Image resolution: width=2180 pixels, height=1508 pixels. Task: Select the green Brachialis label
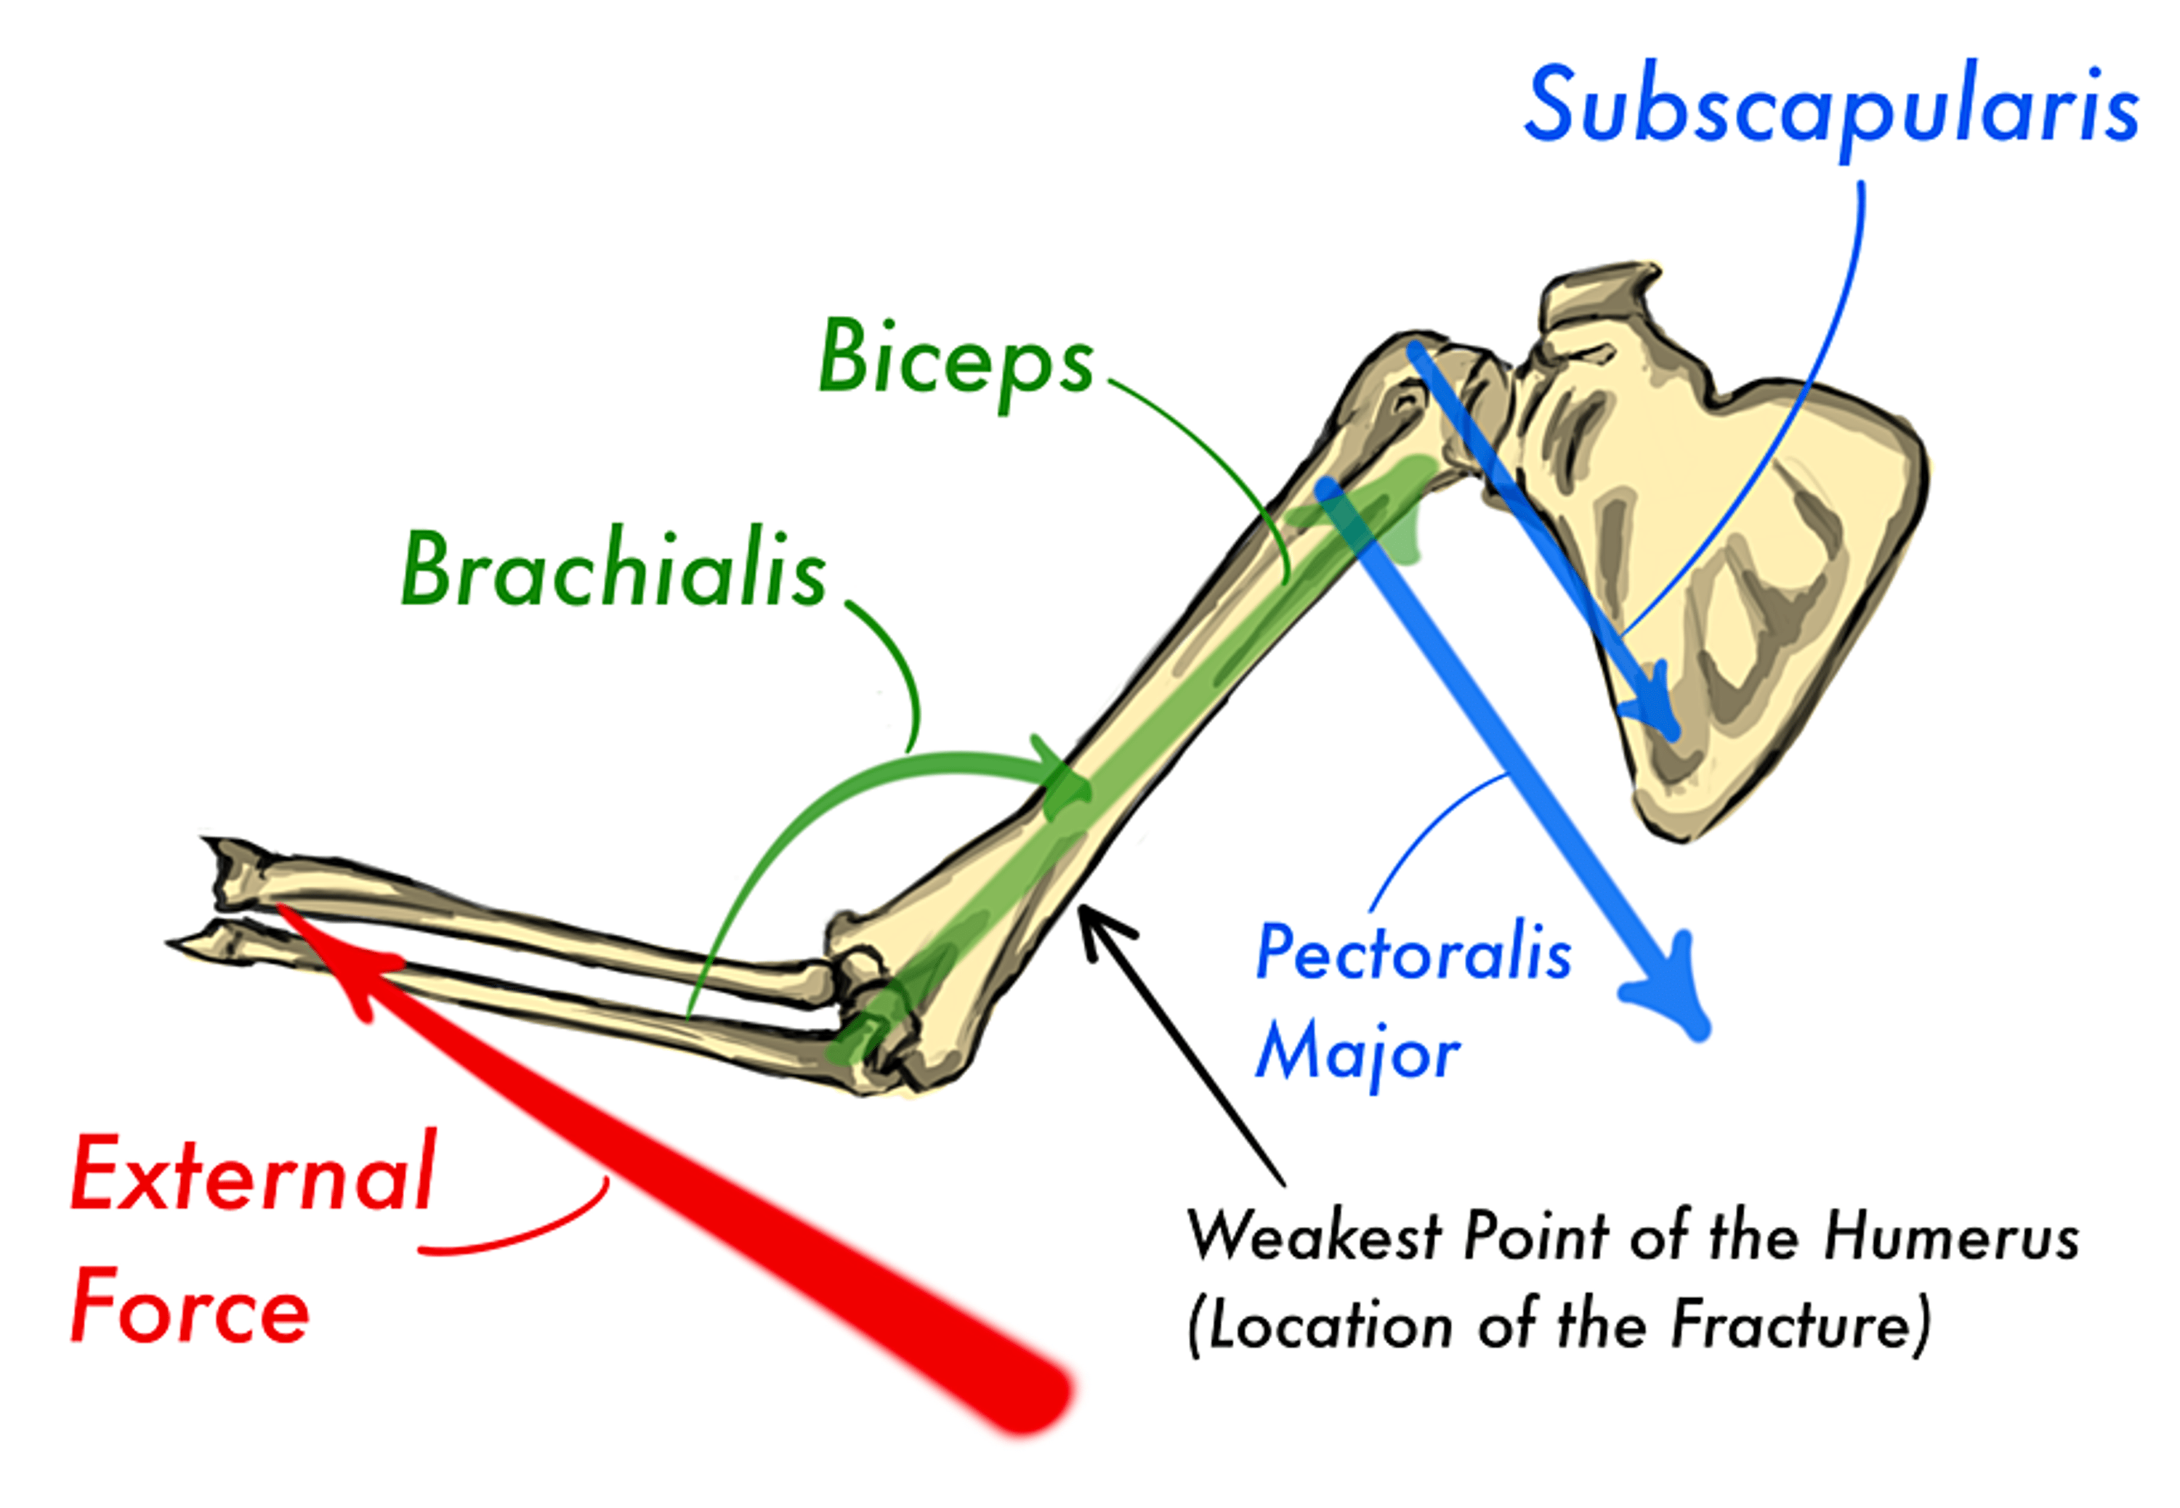coord(613,568)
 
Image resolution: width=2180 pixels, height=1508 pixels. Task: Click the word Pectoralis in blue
coord(1413,952)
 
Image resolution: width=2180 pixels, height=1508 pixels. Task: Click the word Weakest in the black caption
coord(1314,1235)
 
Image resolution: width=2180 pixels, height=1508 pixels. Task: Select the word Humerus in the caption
coord(1951,1235)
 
